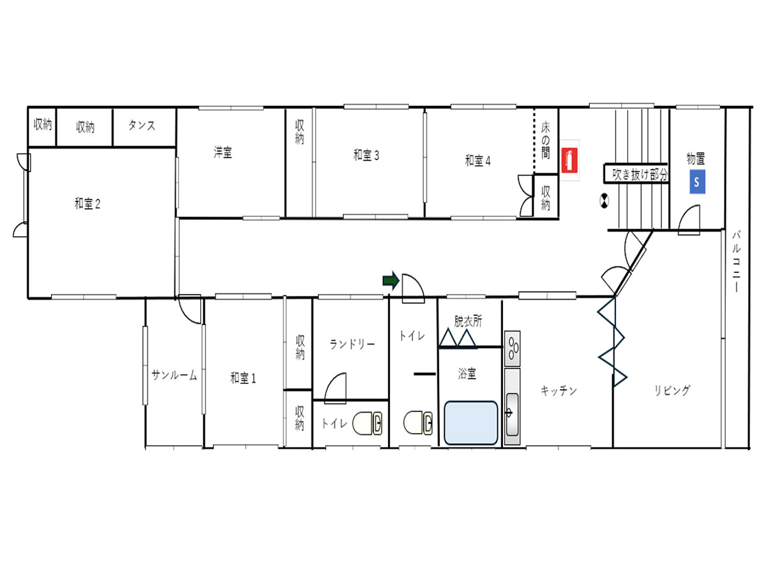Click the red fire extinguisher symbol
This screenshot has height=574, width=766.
[x=569, y=160]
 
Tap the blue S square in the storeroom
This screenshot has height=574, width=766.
[x=696, y=182]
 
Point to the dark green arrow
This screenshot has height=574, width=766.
[x=391, y=280]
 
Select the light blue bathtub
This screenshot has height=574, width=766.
[x=470, y=423]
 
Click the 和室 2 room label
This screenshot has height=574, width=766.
[x=87, y=203]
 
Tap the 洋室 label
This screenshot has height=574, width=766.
[x=223, y=152]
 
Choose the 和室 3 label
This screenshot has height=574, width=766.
[x=366, y=156]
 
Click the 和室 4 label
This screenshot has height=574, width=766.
[x=477, y=161]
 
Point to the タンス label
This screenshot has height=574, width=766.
[x=142, y=126]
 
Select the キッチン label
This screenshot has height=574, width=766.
[x=559, y=391]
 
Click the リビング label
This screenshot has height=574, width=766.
[x=672, y=390]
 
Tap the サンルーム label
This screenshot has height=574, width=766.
[x=174, y=375]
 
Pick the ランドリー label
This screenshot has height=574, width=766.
[x=352, y=344]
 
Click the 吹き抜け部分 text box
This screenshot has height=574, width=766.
[x=636, y=173]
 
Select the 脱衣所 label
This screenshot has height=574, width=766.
[x=468, y=321]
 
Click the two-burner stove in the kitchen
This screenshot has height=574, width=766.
[x=513, y=348]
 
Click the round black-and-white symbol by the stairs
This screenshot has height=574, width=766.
[x=604, y=201]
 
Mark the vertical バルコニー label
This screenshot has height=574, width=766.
[x=737, y=261]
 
